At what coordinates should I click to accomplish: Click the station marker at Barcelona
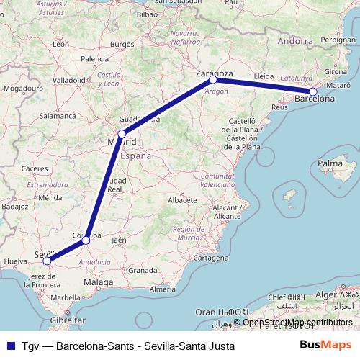(x=313, y=91)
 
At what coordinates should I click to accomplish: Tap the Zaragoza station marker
(x=213, y=80)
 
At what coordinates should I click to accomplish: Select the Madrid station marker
(x=122, y=133)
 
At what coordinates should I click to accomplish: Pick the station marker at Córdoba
(x=86, y=240)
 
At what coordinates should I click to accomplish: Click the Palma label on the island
(x=330, y=164)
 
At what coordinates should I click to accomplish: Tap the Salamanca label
(x=58, y=115)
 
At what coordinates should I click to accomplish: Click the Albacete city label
(x=181, y=199)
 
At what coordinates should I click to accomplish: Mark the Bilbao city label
(x=146, y=14)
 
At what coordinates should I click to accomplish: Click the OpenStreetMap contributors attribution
(x=297, y=322)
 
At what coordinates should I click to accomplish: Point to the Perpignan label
(x=338, y=42)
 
